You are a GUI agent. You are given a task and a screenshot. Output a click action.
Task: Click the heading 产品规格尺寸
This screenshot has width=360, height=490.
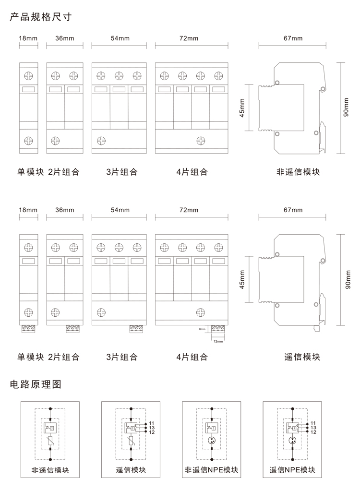40,18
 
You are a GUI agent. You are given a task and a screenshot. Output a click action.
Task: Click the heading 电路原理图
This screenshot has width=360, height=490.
36,384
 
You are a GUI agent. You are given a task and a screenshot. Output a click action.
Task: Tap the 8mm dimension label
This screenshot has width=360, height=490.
202,330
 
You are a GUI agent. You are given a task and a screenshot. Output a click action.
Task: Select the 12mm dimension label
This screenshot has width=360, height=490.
218,341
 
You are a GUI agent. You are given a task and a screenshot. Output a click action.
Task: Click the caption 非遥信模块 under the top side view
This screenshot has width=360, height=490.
298,171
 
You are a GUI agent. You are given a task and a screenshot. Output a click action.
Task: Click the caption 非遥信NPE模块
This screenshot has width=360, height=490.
212,470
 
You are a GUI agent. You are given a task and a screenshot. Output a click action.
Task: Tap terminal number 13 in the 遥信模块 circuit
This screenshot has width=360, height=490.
152,427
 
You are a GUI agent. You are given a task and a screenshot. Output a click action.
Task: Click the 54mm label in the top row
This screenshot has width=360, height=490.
120,38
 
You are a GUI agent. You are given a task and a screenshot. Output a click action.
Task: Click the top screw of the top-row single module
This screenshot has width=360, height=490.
28,75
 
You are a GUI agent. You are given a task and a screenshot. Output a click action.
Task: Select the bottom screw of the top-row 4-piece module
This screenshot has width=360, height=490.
200,141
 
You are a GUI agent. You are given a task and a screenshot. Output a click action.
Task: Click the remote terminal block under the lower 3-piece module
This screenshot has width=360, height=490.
137,329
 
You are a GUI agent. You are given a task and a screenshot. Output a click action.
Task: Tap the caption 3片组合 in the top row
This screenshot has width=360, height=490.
122,171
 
